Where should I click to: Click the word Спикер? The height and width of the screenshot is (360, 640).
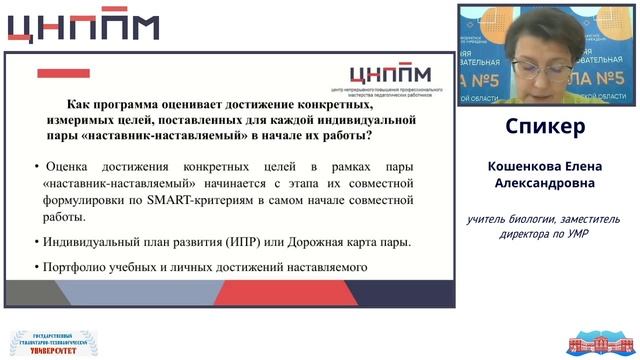click(x=545, y=128)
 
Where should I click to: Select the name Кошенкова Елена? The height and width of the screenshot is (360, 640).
click(x=545, y=166)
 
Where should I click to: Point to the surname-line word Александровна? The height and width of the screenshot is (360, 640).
click(x=545, y=184)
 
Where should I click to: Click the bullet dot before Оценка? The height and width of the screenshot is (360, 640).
click(x=36, y=166)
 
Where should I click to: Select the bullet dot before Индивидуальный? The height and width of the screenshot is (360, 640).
click(x=36, y=242)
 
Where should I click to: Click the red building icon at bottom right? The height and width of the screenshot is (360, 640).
click(x=594, y=343)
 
